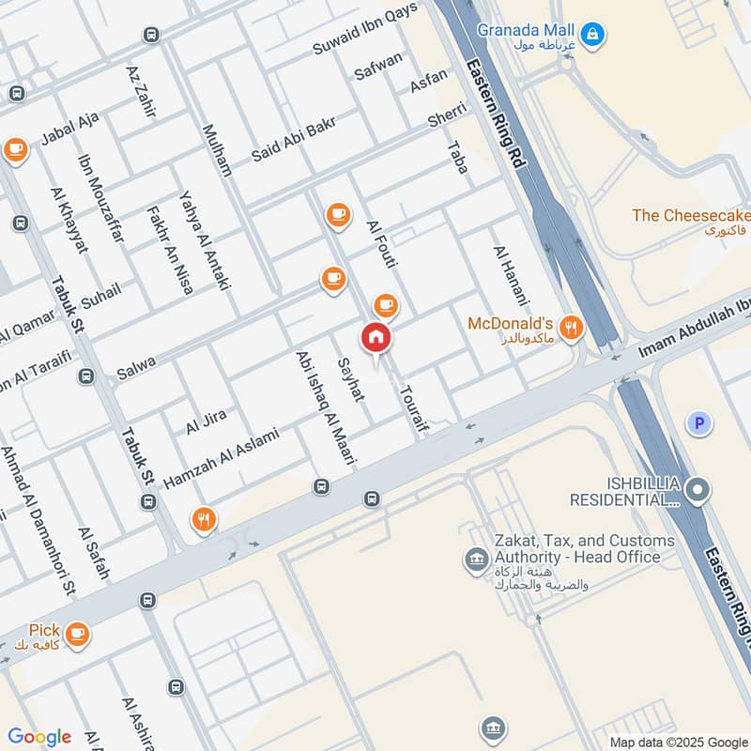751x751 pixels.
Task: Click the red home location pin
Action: coord(375,338)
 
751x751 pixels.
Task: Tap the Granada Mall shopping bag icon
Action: coord(591,36)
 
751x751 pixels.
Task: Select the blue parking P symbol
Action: coord(697,424)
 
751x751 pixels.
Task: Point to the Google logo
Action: coord(39,737)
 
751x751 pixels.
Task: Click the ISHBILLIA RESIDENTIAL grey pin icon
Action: coord(697,488)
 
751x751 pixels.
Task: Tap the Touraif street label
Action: coord(411,413)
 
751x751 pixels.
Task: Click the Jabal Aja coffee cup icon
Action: coord(14,149)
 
